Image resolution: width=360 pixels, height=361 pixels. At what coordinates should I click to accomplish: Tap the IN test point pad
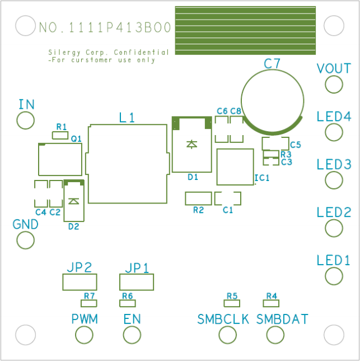[25, 120]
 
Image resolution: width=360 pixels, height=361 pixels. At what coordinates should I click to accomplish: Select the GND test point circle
[25, 240]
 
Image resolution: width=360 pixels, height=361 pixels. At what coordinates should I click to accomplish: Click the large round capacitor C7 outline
[273, 101]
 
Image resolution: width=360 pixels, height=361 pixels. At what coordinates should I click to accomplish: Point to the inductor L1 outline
[128, 163]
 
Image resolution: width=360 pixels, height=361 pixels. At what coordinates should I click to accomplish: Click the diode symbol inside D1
[191, 144]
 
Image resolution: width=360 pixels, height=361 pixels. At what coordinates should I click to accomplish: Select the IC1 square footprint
[235, 166]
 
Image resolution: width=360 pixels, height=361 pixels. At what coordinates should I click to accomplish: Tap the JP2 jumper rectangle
[80, 282]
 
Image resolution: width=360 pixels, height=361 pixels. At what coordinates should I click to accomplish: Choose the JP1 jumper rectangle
[136, 282]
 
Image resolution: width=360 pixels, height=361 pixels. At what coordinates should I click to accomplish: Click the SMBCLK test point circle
[227, 335]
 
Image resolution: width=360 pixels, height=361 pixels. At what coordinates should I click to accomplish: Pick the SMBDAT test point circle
[275, 335]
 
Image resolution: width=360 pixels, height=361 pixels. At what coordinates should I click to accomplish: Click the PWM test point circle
[84, 335]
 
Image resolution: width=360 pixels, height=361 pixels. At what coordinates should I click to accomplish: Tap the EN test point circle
[132, 335]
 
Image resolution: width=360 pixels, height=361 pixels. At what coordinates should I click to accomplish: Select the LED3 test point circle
[334, 180]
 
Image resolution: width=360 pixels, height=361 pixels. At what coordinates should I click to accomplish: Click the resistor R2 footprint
[198, 198]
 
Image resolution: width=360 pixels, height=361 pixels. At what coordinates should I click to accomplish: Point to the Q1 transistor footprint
[60, 159]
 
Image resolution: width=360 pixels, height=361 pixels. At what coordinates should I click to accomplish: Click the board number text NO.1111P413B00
[105, 27]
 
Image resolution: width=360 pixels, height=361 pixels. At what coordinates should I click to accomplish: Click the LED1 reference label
[333, 260]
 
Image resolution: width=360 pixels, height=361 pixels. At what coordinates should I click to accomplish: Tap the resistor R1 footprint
[59, 135]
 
